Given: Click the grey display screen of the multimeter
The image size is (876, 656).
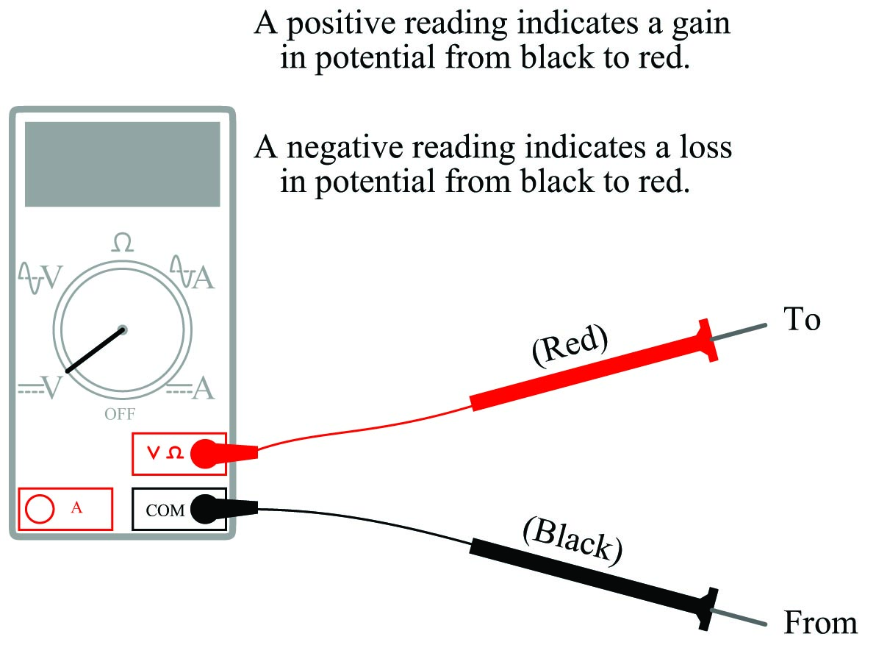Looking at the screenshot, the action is click(x=122, y=165).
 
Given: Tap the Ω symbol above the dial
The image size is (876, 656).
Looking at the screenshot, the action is click(x=122, y=243).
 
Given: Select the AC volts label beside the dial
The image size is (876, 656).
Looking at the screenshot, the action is click(x=40, y=277).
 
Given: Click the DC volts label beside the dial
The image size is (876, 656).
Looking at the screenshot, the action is click(x=40, y=387).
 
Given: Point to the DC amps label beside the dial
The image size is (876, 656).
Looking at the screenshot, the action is click(x=190, y=388).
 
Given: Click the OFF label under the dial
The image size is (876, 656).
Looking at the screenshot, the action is click(x=120, y=414).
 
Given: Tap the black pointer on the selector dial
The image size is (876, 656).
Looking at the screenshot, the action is click(x=95, y=350).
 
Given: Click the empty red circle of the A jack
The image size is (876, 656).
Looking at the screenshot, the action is click(x=40, y=509).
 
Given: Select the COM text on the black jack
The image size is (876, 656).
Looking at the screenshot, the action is click(x=165, y=510).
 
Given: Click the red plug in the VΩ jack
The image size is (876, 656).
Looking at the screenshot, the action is click(x=223, y=453).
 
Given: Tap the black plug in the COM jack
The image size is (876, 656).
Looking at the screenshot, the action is click(x=223, y=509).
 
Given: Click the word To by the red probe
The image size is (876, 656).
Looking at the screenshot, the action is click(x=802, y=318).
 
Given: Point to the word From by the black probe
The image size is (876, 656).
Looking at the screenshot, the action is click(x=820, y=622).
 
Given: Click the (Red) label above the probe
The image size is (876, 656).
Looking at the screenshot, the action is click(x=570, y=345).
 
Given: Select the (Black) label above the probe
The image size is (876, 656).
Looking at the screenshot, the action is click(x=572, y=541).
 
